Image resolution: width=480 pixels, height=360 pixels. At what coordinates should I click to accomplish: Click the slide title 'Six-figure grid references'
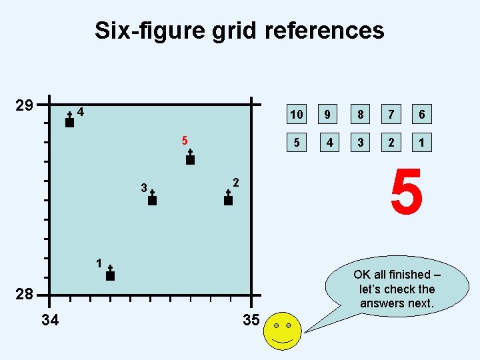(x=239, y=31)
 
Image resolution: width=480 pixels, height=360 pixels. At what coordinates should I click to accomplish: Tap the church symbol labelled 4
(x=69, y=121)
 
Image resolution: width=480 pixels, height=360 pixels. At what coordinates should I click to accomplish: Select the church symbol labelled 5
(x=190, y=158)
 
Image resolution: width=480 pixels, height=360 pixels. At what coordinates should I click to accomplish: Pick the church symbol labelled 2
(x=228, y=199)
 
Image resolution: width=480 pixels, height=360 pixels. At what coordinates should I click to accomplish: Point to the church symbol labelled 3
(x=152, y=199)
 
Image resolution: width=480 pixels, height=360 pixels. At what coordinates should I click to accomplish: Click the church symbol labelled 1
(x=110, y=274)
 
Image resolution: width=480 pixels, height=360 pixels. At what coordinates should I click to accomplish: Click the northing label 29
(x=25, y=106)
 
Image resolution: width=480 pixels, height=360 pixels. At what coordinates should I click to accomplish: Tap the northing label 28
(x=25, y=295)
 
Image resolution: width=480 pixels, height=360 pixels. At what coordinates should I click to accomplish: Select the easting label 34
(x=50, y=321)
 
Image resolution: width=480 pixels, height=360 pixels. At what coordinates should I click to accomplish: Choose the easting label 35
(x=251, y=321)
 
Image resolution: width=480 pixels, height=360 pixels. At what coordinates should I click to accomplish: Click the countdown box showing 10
(x=296, y=115)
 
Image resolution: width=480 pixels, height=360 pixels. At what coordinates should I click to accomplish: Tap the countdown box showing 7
(x=391, y=115)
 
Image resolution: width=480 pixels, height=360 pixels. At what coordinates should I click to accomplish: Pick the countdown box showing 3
(x=359, y=143)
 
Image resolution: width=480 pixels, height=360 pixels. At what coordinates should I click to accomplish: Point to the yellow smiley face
(x=283, y=331)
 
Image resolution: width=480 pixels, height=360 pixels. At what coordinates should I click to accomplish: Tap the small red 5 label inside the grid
(x=185, y=141)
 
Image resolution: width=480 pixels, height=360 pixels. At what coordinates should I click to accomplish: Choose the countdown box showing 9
(x=328, y=115)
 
